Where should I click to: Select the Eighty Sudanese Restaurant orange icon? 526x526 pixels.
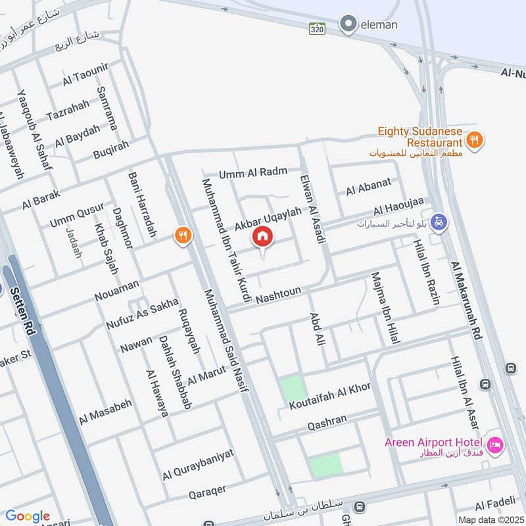(x=473, y=139)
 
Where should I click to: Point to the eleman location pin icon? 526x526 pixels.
(x=347, y=24)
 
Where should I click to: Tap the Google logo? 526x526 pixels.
(x=27, y=516)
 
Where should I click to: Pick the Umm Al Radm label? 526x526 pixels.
(x=253, y=172)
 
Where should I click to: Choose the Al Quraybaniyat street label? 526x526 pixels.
(x=198, y=464)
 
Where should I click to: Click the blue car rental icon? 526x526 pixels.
(x=441, y=223)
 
